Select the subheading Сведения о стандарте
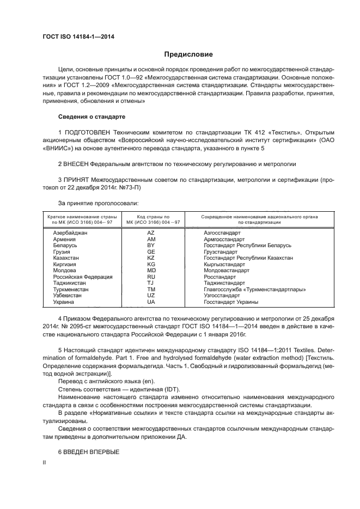click(92, 117)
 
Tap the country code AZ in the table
click(151, 232)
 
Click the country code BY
click(151, 246)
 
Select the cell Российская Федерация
click(83, 277)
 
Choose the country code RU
click(151, 277)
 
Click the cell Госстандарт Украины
click(231, 302)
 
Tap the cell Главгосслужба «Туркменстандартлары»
click(254, 289)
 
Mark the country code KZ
click(151, 258)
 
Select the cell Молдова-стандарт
click(227, 271)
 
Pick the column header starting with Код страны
click(152, 219)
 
